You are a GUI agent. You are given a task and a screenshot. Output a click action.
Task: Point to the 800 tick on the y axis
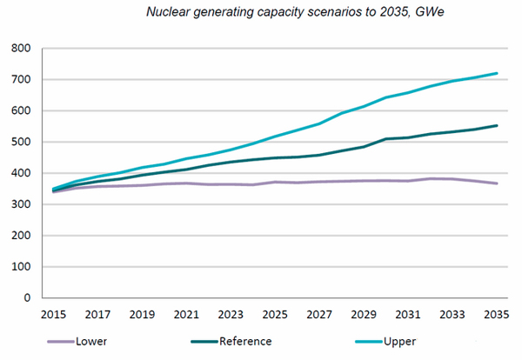pyautogui.click(x=20, y=49)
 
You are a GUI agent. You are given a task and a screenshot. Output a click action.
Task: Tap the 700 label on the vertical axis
pyautogui.click(x=20, y=80)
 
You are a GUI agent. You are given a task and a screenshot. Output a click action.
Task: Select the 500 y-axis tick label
pyautogui.click(x=20, y=142)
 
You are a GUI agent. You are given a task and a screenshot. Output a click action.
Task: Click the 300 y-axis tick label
pyautogui.click(x=20, y=204)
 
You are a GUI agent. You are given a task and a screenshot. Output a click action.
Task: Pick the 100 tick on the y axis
pyautogui.click(x=20, y=267)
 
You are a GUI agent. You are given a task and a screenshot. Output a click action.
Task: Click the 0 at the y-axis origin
pyautogui.click(x=27, y=298)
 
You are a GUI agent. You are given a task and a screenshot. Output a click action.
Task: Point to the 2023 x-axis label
pyautogui.click(x=231, y=313)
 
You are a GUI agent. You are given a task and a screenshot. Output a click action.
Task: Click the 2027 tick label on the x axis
pyautogui.click(x=320, y=313)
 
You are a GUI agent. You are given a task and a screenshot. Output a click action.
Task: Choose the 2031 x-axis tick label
pyautogui.click(x=407, y=313)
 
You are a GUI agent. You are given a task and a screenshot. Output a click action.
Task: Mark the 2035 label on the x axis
pyautogui.click(x=497, y=313)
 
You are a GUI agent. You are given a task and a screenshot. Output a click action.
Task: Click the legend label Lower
pyautogui.click(x=92, y=341)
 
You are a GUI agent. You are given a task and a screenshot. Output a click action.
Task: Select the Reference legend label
pyautogui.click(x=246, y=341)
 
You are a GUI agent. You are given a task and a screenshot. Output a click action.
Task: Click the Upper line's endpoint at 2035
pyautogui.click(x=497, y=73)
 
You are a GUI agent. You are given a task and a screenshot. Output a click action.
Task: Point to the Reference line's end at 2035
pyautogui.click(x=497, y=125)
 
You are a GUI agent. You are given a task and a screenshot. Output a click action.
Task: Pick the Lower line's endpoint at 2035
pyautogui.click(x=497, y=183)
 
